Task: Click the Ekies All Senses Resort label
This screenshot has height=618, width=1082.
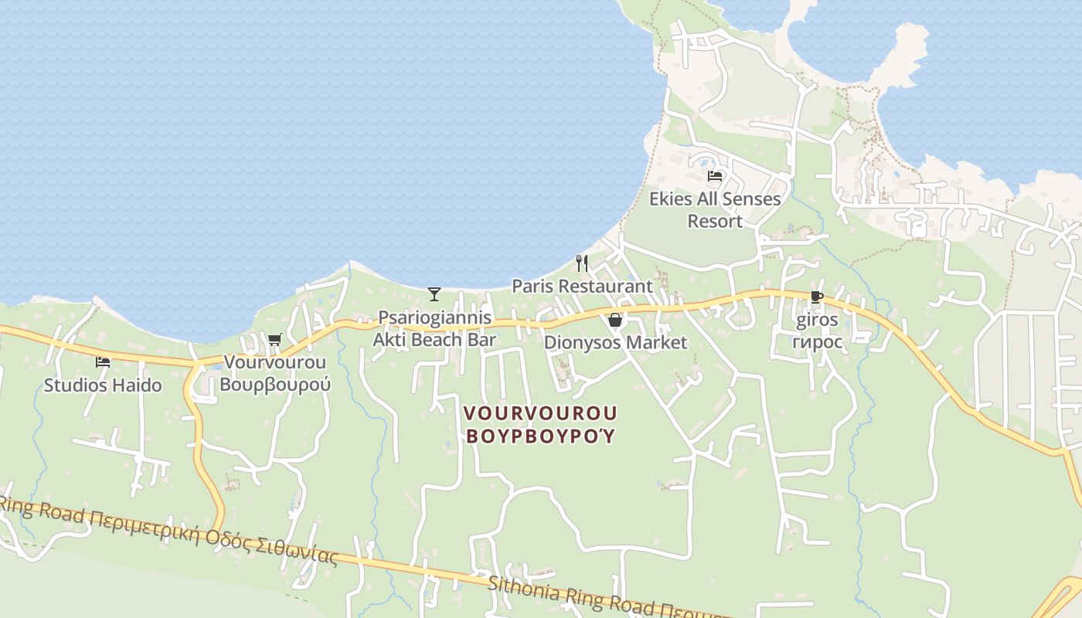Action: pos(715,210)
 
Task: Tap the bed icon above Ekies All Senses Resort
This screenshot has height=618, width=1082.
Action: pos(715,176)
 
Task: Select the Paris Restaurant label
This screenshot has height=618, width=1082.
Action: pos(582,286)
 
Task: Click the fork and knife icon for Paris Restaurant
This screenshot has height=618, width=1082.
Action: pos(582,263)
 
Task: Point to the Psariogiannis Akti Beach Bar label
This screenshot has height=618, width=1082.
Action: pos(434,328)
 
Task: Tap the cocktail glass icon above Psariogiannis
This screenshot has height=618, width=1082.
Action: pos(434,294)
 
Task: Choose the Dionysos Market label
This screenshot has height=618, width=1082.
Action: pos(615,342)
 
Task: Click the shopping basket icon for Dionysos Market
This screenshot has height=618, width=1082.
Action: pos(615,320)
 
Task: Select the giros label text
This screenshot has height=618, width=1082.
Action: pos(817,321)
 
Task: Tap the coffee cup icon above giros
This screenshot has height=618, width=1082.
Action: pos(816,297)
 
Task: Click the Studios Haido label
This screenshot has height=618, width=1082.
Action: pos(103,385)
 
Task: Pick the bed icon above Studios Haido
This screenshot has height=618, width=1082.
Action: pos(103,362)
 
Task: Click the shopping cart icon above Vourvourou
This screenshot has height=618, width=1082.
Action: pos(274,339)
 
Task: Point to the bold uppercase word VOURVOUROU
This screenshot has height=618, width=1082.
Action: pos(541,413)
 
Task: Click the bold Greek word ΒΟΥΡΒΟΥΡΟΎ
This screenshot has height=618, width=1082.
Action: pos(541,436)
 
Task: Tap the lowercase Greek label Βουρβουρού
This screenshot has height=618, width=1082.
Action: pos(274,384)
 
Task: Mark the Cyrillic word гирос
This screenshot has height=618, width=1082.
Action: pos(817,341)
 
